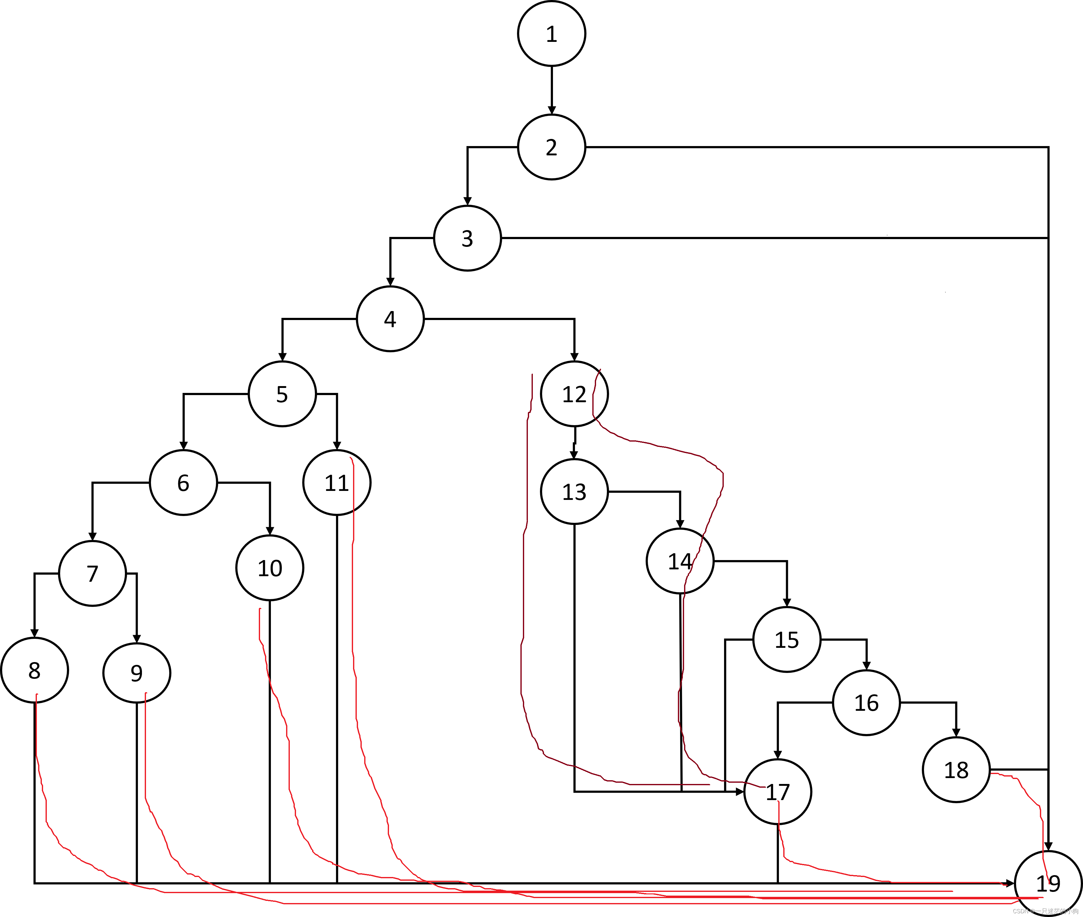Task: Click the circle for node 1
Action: (x=551, y=34)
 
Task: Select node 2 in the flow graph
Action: (x=551, y=147)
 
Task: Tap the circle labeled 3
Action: (x=467, y=238)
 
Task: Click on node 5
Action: (x=282, y=394)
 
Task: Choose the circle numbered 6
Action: (x=183, y=483)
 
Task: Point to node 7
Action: (x=92, y=573)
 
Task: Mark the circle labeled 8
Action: (x=34, y=670)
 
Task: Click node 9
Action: (x=137, y=673)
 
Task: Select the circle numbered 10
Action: (x=270, y=568)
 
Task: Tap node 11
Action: (x=337, y=483)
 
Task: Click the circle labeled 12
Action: (x=574, y=394)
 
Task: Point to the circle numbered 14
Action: (x=680, y=561)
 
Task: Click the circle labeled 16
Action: (x=866, y=703)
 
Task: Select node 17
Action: (x=777, y=792)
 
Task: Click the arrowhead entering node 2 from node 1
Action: (x=551, y=110)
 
